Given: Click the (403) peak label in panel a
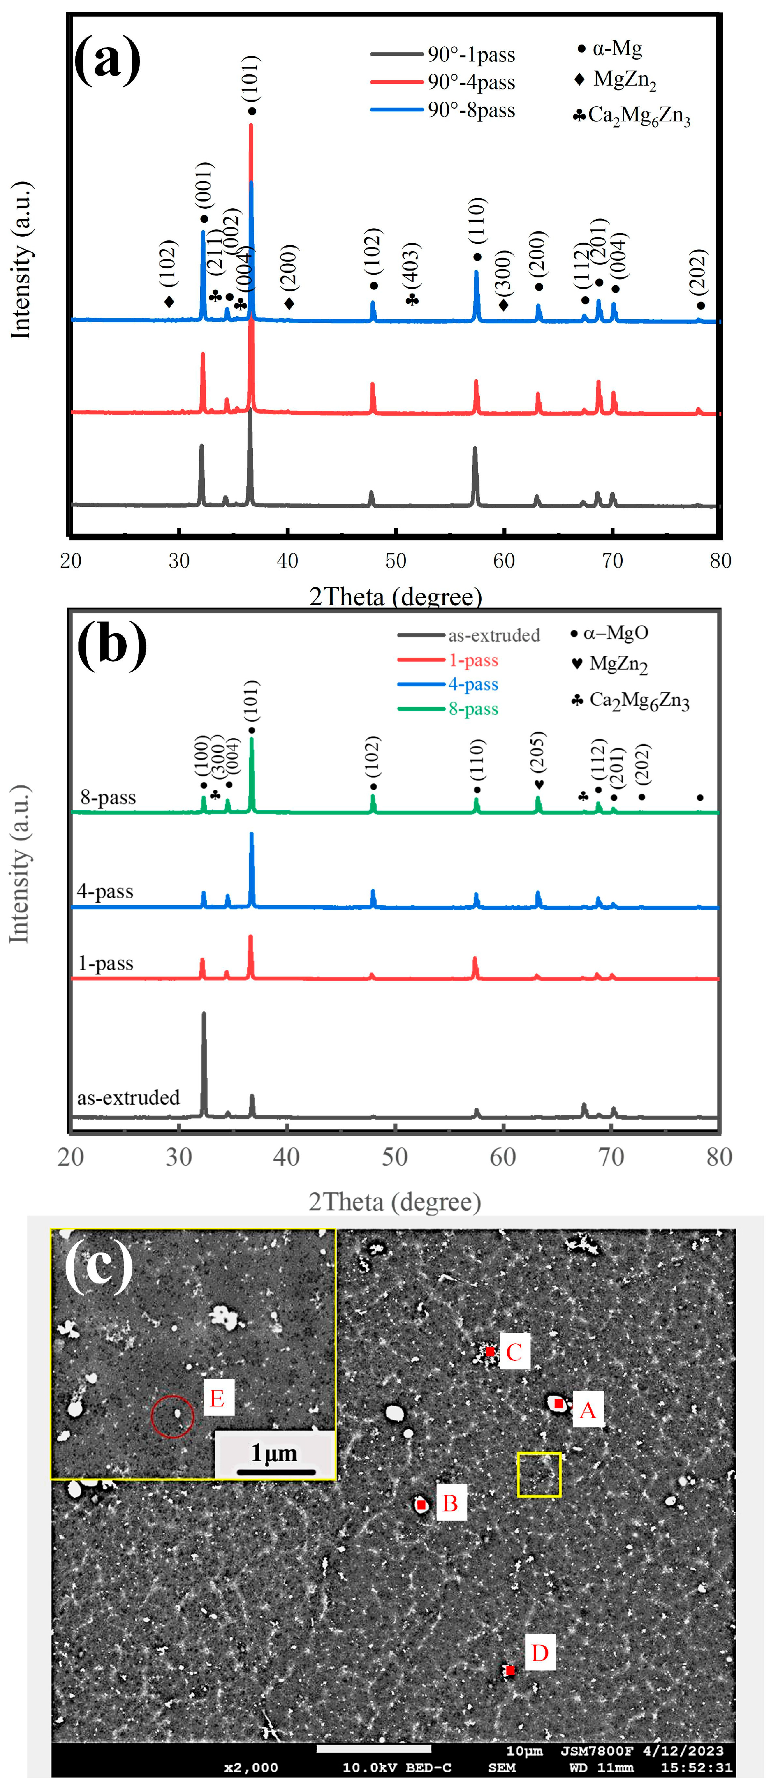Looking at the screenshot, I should [411, 264].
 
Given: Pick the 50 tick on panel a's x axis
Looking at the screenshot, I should [396, 560].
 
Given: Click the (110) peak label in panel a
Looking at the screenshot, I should [477, 221].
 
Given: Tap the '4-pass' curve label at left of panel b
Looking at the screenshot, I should [105, 891].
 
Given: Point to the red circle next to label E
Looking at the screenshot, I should [172, 1416].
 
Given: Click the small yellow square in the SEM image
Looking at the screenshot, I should [539, 1474].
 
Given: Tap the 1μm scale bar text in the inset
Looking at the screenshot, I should [274, 1453].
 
